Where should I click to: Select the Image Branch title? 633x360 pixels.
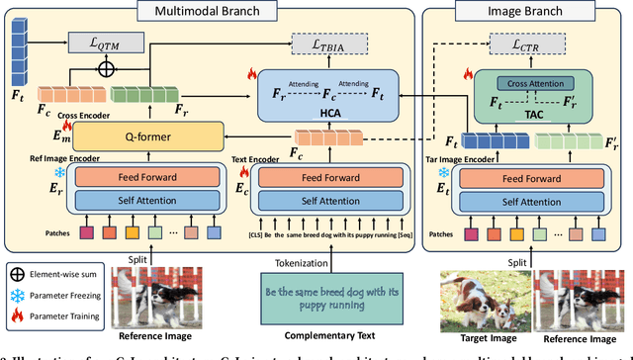[521, 10]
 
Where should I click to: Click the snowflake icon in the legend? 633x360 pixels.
[17, 296]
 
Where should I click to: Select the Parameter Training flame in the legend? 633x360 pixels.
[17, 316]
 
